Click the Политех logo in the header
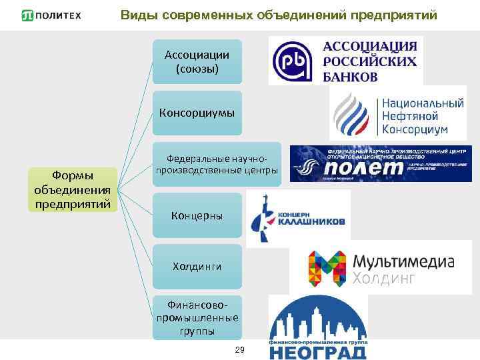[x=51, y=15]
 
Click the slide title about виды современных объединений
[x=279, y=15]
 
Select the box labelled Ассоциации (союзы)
[x=197, y=61]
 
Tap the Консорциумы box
[x=197, y=113]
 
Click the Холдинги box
[x=197, y=266]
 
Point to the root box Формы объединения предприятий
[x=73, y=189]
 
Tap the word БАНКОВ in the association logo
[x=350, y=76]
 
